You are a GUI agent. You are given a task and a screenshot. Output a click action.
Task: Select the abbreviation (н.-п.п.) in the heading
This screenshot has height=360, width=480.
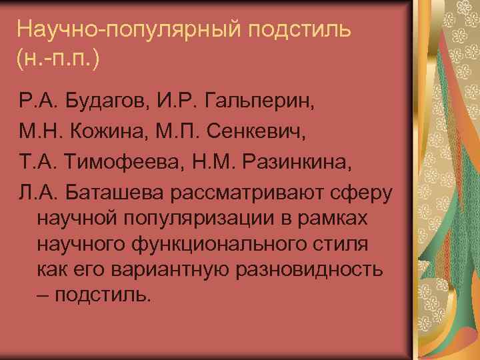click(x=59, y=60)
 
